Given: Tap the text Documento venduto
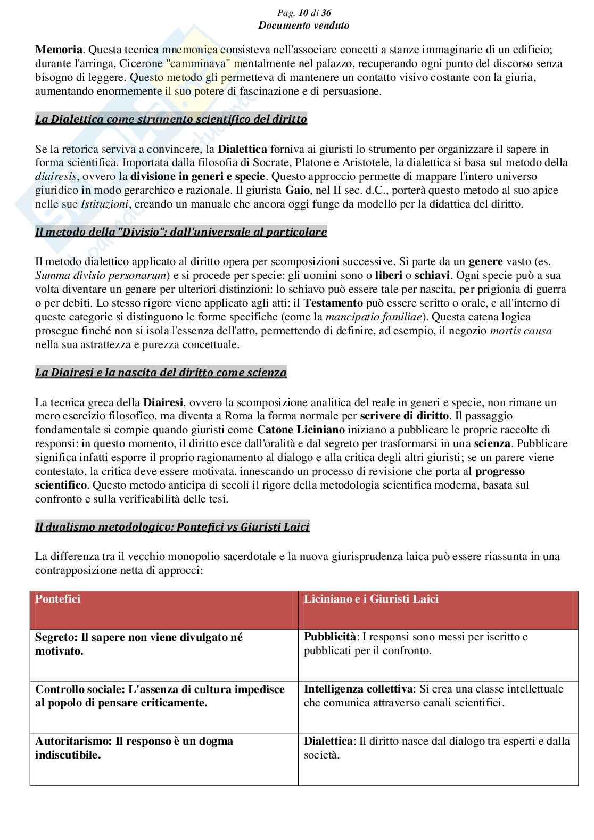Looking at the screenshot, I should pos(304,25).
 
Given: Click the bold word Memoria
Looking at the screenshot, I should pos(59,50).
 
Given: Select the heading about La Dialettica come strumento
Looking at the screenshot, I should pos(171,119).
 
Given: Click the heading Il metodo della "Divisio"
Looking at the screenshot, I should pos(181,232).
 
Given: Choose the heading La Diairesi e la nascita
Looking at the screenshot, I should pos(161,373).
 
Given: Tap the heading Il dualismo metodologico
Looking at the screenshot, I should pos(172,528).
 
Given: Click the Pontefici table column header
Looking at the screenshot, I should pos(57,599).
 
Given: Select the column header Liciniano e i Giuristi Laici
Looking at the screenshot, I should pos(371,599).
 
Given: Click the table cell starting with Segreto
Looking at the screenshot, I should pos(139,644).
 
